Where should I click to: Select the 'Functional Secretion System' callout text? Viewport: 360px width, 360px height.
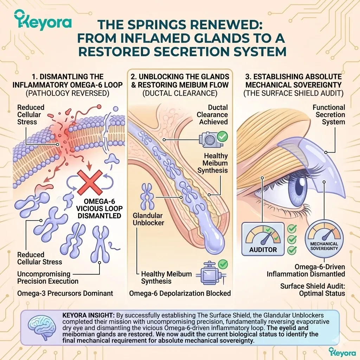329,115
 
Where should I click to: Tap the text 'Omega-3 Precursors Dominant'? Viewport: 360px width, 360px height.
65,293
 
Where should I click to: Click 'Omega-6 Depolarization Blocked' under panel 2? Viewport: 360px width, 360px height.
180,293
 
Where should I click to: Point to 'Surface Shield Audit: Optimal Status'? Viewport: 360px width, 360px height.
313,290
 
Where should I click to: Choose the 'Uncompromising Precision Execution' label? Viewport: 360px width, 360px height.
48,277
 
